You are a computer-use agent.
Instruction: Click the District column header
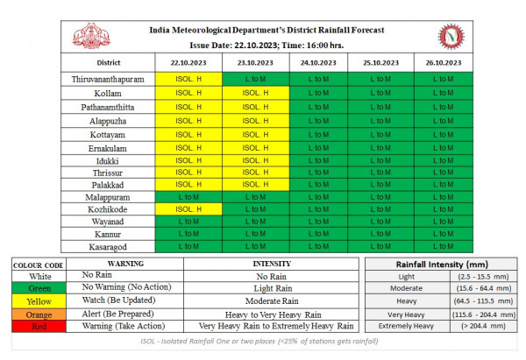[x=109, y=63]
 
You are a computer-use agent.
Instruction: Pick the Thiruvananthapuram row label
[x=109, y=80]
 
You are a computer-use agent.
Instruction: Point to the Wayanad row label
[x=109, y=222]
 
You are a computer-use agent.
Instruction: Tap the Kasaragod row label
[x=109, y=247]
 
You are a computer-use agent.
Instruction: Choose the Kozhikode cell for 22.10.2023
[x=188, y=210]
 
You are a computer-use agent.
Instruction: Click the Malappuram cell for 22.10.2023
[x=188, y=197]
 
